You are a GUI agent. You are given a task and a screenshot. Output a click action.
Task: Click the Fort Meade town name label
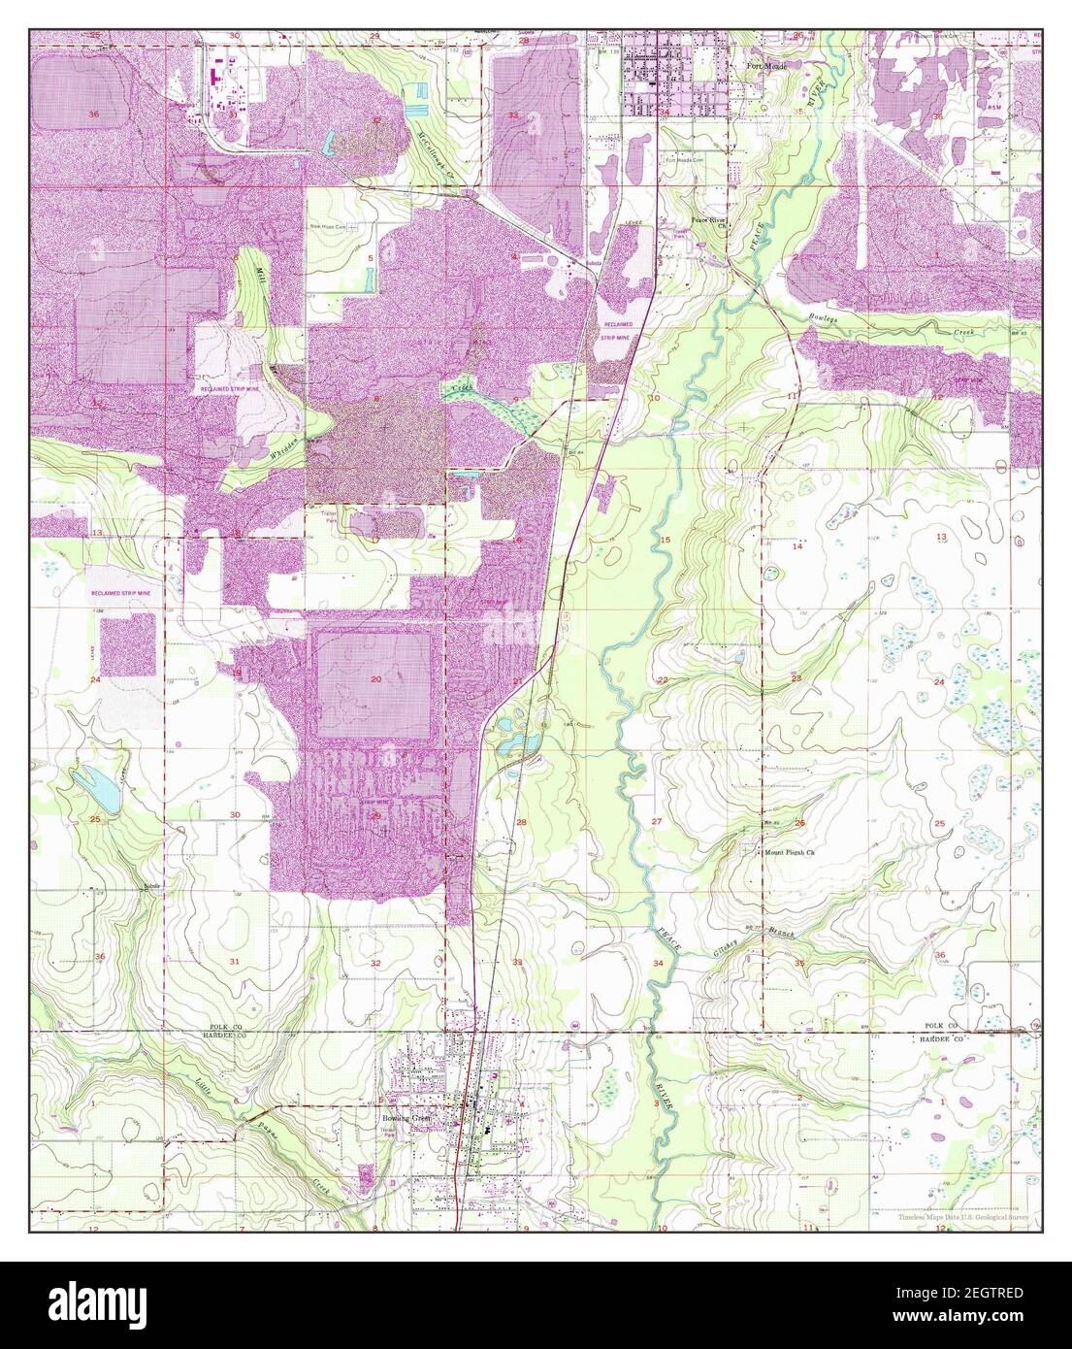pyautogui.click(x=772, y=66)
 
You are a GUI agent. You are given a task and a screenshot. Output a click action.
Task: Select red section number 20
pyautogui.click(x=374, y=678)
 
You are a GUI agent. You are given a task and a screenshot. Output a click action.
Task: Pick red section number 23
pyautogui.click(x=796, y=678)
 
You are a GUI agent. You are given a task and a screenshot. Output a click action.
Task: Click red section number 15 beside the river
pyautogui.click(x=666, y=539)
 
